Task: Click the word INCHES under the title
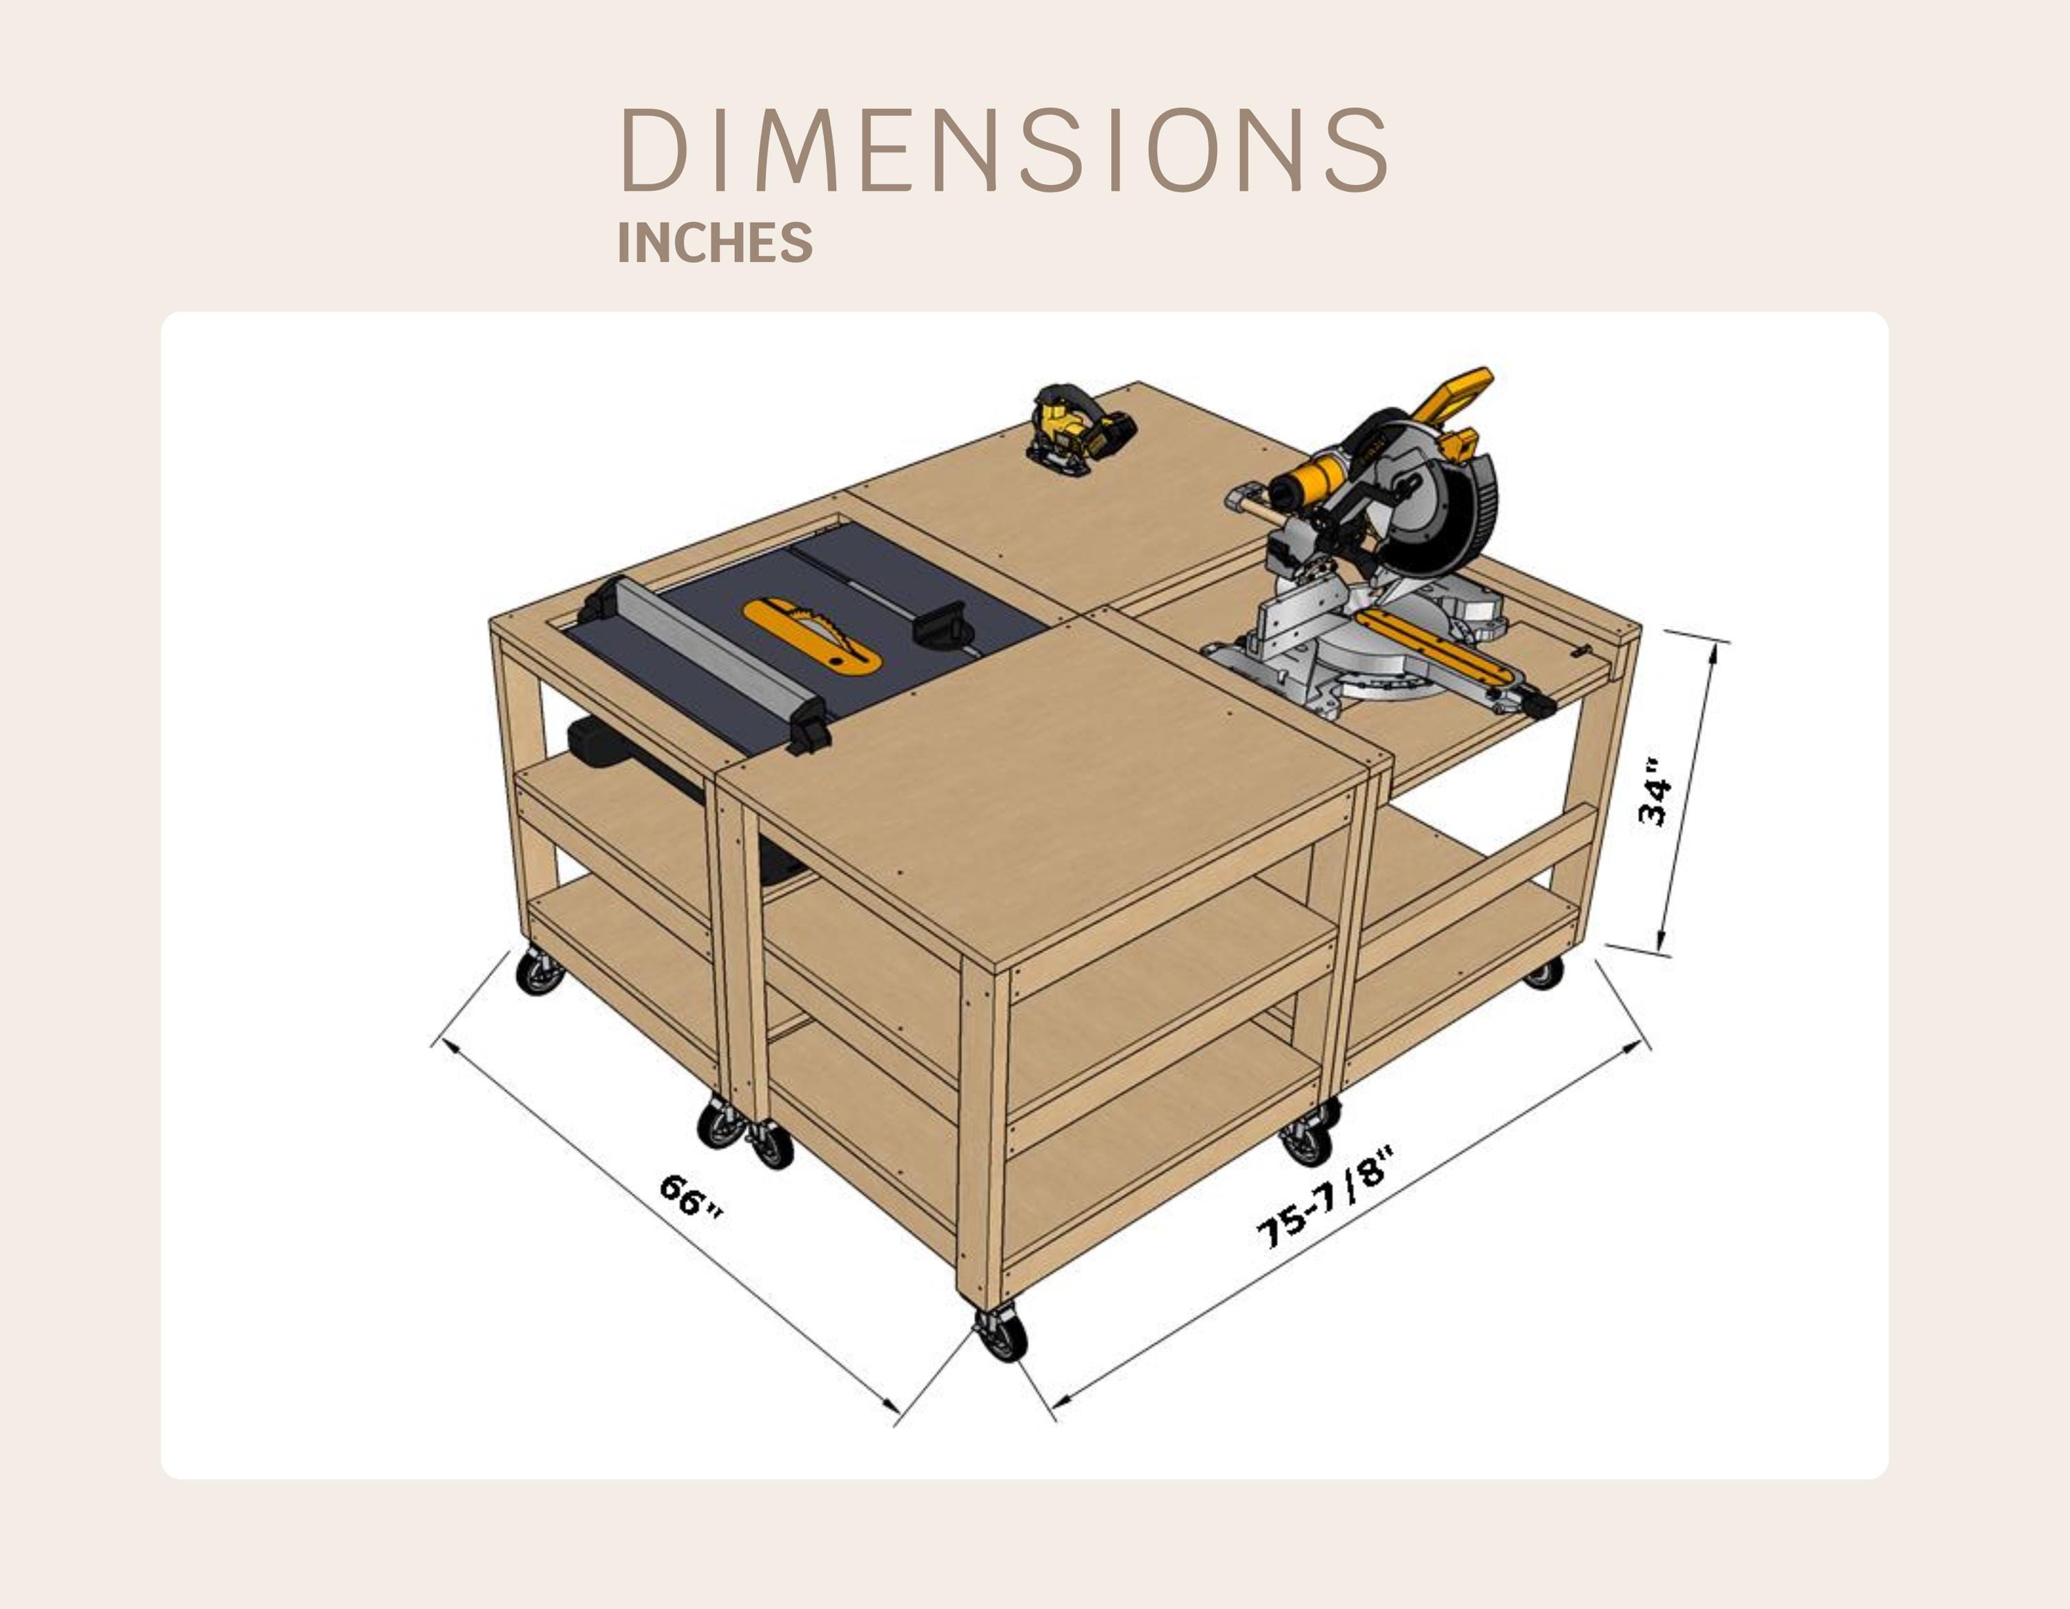point(715,243)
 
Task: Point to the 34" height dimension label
point(1654,791)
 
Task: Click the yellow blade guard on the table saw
point(812,636)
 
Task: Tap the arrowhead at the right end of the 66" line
point(891,1406)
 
